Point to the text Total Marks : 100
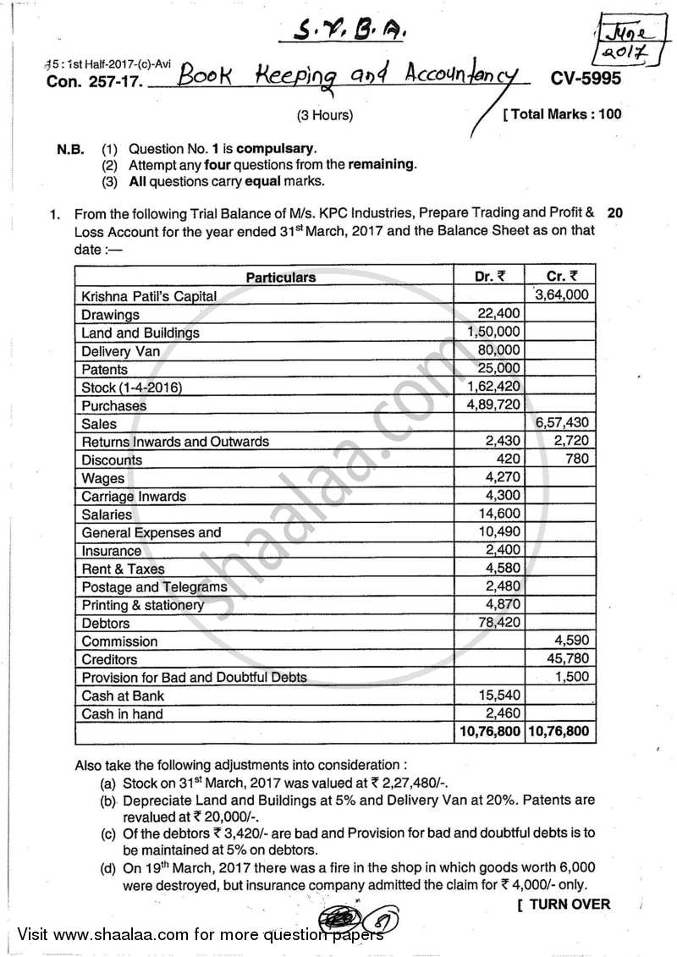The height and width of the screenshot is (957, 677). pos(562,114)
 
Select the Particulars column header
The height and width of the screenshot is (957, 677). pos(281,277)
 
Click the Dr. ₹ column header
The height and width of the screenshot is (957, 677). pos(489,276)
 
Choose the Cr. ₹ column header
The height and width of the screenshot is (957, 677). pos(562,276)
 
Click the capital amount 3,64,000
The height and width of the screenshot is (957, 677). pos(564,295)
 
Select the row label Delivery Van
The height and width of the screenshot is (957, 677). pos(120,351)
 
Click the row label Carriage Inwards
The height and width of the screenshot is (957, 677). pos(134,497)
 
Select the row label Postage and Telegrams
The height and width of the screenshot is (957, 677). pos(154,587)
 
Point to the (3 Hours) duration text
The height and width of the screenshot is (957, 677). pos(325,115)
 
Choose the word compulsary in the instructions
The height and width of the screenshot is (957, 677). pos(283,148)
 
